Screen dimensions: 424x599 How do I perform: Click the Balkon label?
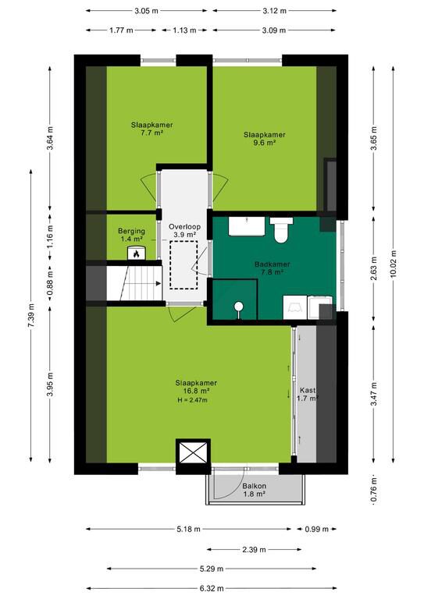(x=255, y=486)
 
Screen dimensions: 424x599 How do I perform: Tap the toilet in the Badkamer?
(x=281, y=229)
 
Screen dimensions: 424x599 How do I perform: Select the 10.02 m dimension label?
(x=394, y=264)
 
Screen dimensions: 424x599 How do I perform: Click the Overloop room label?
(x=184, y=227)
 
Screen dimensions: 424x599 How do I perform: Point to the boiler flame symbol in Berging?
(x=136, y=253)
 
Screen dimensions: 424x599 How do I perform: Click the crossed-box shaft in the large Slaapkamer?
(x=193, y=452)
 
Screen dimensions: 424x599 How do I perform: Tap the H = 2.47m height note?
(x=192, y=400)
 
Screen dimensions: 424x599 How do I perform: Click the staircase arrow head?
(x=159, y=283)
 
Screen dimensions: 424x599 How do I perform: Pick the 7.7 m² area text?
(x=151, y=133)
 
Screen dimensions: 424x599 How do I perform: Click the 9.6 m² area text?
(x=264, y=143)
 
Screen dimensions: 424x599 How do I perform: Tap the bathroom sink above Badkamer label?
(x=247, y=226)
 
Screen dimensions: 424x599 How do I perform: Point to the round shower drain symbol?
(x=239, y=306)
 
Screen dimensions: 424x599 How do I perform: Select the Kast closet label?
(x=308, y=391)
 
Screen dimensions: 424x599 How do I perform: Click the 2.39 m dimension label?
(x=254, y=550)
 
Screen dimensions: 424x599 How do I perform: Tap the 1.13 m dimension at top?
(x=184, y=30)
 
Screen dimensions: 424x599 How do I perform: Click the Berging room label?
(x=131, y=231)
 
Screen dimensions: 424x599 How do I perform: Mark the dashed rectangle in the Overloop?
(x=184, y=264)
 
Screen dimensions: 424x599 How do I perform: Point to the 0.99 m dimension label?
(x=316, y=529)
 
